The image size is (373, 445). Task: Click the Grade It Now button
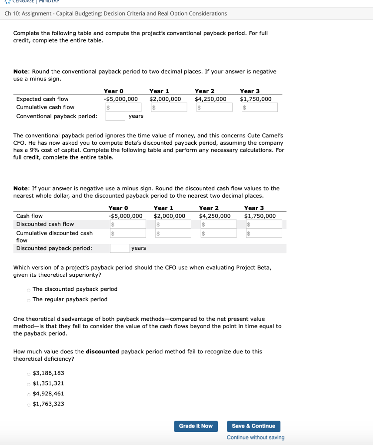(196, 426)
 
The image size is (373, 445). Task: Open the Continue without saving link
(256, 438)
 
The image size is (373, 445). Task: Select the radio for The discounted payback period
(29, 289)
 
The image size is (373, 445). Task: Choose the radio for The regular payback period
(29, 299)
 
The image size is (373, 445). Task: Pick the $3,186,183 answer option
(29, 373)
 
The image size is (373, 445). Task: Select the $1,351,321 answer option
(29, 384)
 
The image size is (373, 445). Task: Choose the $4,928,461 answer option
(29, 394)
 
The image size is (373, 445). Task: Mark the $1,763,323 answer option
(29, 405)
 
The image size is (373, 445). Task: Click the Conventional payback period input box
(115, 116)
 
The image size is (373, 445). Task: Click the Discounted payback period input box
(120, 248)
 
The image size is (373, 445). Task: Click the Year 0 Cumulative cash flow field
(123, 107)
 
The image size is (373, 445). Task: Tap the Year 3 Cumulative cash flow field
(260, 107)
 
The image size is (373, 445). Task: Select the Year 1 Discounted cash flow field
(173, 224)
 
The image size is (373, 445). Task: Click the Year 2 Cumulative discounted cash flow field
(219, 233)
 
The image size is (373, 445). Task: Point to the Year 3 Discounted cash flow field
(264, 224)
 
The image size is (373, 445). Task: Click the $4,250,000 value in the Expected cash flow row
(210, 99)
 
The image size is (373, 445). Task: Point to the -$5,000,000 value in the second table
(125, 216)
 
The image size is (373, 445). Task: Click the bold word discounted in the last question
(102, 352)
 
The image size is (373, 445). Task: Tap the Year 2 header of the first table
(204, 91)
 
